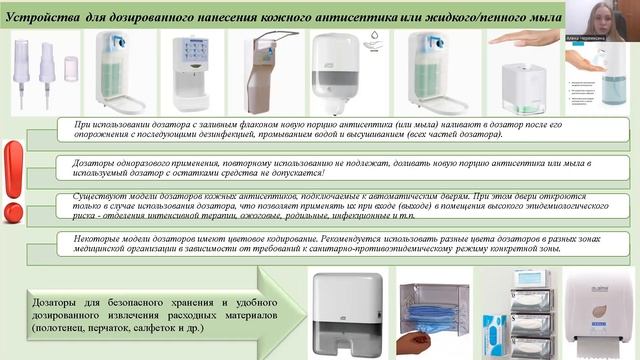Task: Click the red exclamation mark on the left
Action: point(15,184)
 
